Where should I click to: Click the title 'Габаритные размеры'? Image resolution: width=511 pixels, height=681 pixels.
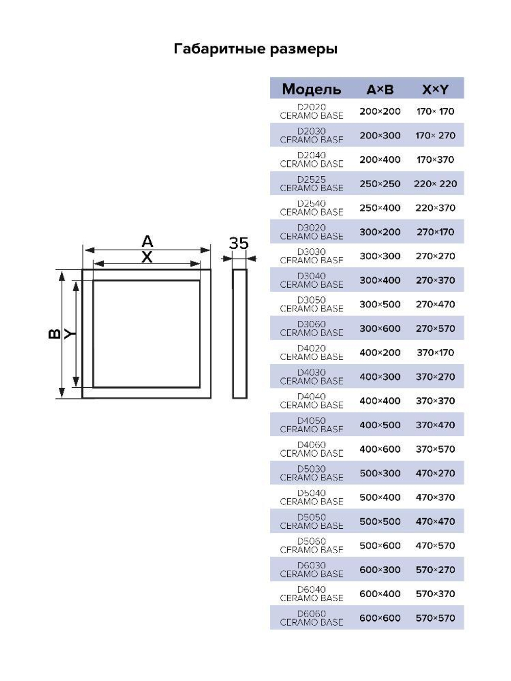(x=255, y=49)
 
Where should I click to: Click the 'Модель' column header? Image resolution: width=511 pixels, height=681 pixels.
(x=311, y=89)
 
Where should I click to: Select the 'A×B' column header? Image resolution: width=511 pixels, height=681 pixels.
(x=380, y=90)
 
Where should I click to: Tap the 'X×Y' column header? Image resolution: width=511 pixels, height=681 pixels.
(x=435, y=90)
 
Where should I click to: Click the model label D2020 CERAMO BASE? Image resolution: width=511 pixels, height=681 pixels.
(x=311, y=111)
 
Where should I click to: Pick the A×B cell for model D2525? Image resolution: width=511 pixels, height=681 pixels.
(x=380, y=184)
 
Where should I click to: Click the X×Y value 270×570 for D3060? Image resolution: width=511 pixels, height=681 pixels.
(x=435, y=328)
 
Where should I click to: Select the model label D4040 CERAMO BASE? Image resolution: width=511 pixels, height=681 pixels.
(x=311, y=401)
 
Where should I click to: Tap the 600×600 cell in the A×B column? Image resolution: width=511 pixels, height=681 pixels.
(x=380, y=618)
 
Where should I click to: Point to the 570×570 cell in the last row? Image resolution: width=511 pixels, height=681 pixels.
(x=435, y=618)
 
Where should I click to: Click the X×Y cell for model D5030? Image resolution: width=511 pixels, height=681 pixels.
(x=435, y=473)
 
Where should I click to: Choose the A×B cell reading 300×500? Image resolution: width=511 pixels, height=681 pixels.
(x=380, y=304)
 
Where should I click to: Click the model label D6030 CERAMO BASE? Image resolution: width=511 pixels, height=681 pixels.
(x=311, y=570)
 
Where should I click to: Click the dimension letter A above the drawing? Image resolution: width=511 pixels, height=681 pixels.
(x=147, y=241)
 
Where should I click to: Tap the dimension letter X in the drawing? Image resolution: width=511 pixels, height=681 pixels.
(x=147, y=257)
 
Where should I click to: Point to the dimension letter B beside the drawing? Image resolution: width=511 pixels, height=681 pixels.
(x=54, y=334)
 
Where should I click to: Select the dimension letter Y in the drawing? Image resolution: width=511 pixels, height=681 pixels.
(x=69, y=334)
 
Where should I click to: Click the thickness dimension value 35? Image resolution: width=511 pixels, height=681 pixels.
(x=239, y=243)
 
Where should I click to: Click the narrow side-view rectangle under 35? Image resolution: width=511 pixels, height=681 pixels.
(x=240, y=334)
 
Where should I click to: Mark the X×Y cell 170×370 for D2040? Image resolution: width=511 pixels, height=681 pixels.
(x=435, y=160)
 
